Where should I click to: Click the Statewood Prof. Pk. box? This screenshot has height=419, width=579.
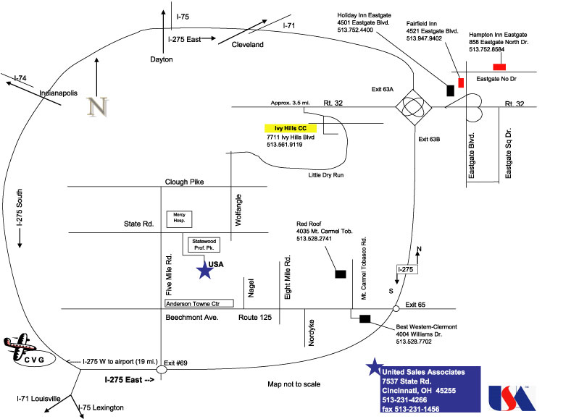pyautogui.click(x=203, y=245)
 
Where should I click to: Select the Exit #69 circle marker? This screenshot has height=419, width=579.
pyautogui.click(x=162, y=369)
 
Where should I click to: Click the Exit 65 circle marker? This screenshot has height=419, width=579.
pyautogui.click(x=396, y=309)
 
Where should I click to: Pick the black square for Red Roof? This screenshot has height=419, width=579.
pyautogui.click(x=340, y=274)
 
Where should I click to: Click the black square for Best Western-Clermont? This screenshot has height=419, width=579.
pyautogui.click(x=365, y=318)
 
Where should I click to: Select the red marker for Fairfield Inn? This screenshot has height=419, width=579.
pyautogui.click(x=460, y=81)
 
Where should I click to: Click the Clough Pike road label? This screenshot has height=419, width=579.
pyautogui.click(x=185, y=182)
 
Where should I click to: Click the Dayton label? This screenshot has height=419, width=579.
pyautogui.click(x=162, y=59)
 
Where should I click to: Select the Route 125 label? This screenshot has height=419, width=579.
pyautogui.click(x=255, y=317)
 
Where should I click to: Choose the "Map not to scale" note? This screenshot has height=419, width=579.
pyautogui.click(x=293, y=384)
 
